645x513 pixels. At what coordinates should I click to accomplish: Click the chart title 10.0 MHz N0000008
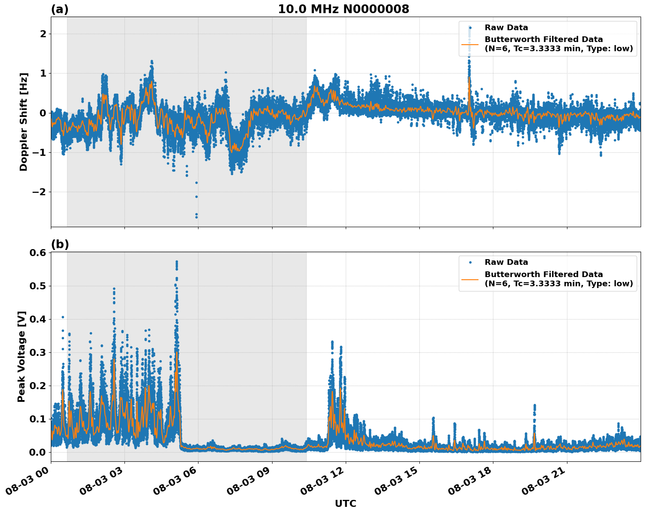pos(343,9)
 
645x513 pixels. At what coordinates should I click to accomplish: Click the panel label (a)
pos(60,9)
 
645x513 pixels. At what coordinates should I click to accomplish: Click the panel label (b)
pos(60,244)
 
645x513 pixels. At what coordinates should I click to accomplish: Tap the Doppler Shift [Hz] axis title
pos(24,122)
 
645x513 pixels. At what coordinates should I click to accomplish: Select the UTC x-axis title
pos(345,503)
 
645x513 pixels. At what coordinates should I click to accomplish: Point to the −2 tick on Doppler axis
pos(39,192)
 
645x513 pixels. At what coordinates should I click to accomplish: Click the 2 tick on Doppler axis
pos(43,34)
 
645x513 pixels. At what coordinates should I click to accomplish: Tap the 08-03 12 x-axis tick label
pos(322,481)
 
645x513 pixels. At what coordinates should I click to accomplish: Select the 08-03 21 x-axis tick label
pos(543,481)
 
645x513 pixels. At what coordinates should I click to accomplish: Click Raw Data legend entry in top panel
pos(506,28)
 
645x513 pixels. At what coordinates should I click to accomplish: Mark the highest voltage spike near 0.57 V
pos(177,262)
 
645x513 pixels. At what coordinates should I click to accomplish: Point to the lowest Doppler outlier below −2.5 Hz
pos(196,217)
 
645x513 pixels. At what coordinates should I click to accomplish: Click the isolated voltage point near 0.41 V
pos(63,317)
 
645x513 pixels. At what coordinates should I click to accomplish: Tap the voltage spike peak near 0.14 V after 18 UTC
pos(534,405)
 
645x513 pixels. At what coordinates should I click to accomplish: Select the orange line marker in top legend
pos(470,44)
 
